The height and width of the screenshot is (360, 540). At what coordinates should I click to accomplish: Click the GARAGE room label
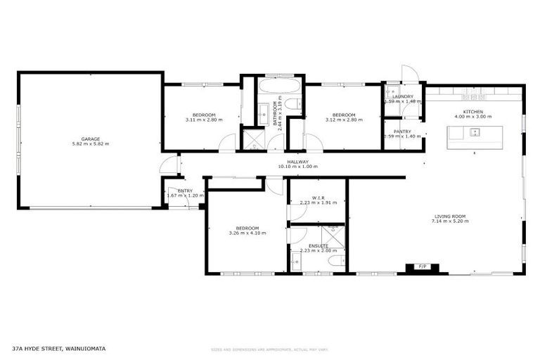(x=90, y=139)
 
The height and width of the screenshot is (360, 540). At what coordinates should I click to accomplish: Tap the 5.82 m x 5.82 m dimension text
(x=90, y=144)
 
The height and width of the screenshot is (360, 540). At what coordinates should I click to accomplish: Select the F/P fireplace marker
(x=423, y=267)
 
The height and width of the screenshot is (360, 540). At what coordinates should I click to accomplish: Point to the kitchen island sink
(x=475, y=131)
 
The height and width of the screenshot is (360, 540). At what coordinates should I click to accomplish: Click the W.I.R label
(x=318, y=198)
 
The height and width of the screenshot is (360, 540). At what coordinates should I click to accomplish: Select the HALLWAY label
(x=297, y=162)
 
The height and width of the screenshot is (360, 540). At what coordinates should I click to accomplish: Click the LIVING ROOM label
(x=450, y=216)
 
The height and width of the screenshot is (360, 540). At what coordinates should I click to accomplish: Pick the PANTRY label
(x=402, y=131)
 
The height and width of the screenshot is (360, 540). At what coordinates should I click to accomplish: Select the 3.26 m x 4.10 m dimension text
(x=247, y=233)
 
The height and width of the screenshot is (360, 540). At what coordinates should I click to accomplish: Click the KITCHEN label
(x=472, y=112)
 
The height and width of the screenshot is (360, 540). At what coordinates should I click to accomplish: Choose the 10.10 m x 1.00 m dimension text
(x=297, y=167)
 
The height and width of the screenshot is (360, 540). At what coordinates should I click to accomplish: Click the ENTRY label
(x=185, y=191)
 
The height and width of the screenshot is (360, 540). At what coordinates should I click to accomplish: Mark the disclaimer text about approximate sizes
(x=269, y=349)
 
